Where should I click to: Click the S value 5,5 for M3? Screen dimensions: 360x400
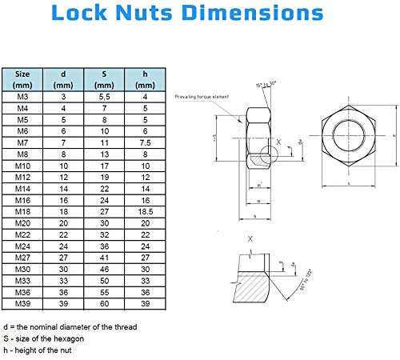pyautogui.click(x=104, y=96)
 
